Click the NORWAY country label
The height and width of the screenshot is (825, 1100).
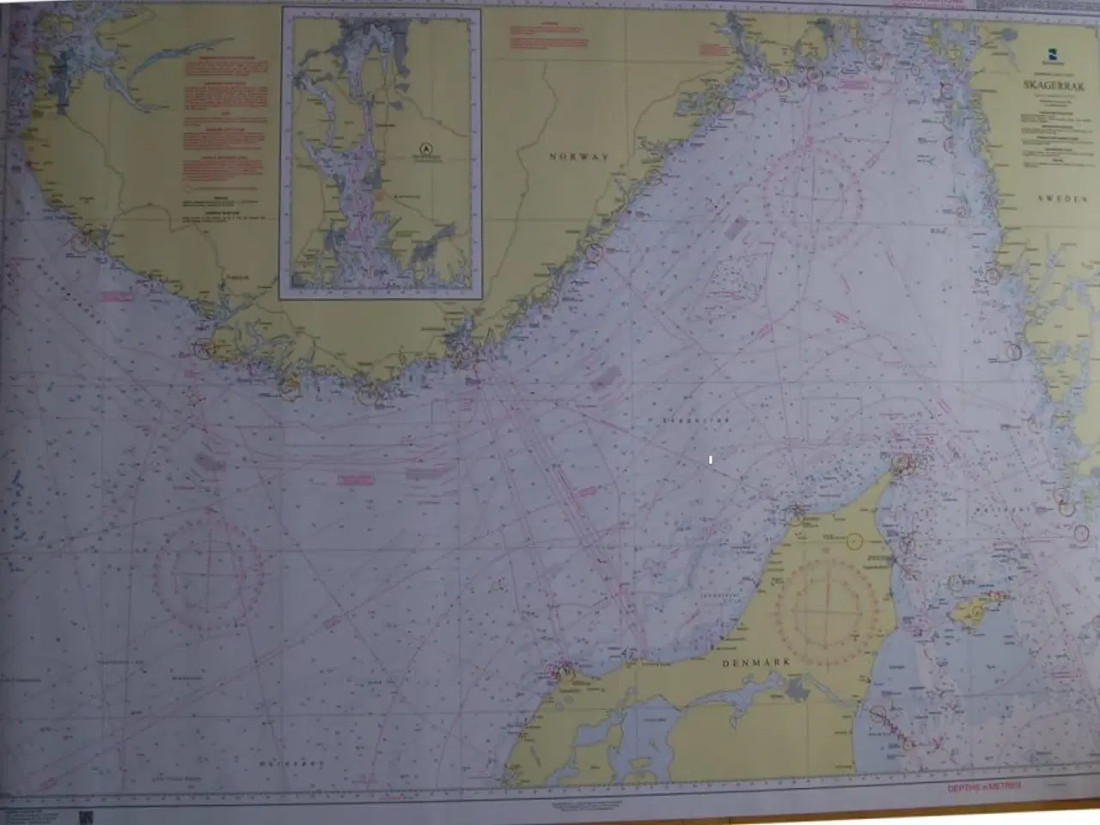coord(579,157)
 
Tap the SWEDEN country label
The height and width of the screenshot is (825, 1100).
coord(1063,199)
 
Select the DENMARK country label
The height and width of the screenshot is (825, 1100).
coord(755,663)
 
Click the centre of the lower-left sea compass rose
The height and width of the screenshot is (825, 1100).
coord(209,568)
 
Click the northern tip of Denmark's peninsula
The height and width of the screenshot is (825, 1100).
coord(901,465)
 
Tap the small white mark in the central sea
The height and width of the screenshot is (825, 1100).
coord(711,461)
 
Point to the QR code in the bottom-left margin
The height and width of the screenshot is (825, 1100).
coord(83,816)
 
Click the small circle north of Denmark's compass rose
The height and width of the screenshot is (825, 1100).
coord(855,541)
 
